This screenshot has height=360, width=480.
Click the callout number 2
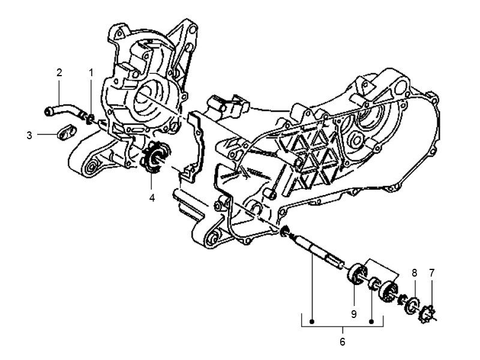[x=59, y=73]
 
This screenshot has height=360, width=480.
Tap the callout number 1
[x=91, y=73]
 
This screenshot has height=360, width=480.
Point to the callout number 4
[x=152, y=197]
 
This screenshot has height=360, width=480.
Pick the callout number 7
[x=432, y=273]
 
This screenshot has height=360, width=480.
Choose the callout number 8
[x=414, y=273]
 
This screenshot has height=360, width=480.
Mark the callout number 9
[x=354, y=313]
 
